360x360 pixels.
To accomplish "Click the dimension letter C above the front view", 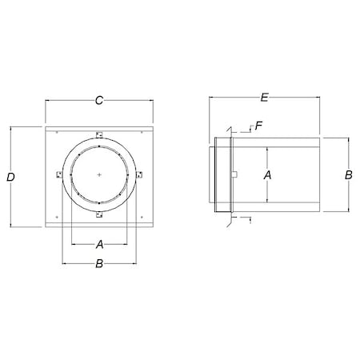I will [98, 100].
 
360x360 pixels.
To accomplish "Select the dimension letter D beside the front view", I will [10, 178].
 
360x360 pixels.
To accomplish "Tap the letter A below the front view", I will [98, 243].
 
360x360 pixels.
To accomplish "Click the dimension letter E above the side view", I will [264, 98].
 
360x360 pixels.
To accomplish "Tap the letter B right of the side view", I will [349, 174].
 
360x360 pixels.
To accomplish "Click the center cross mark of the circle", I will [98, 174].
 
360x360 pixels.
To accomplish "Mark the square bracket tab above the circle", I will [98, 134].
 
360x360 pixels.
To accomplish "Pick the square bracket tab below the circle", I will [98, 214].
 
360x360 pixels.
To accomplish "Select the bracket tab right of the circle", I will [138, 174].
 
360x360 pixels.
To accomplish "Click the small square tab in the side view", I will [237, 174].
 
